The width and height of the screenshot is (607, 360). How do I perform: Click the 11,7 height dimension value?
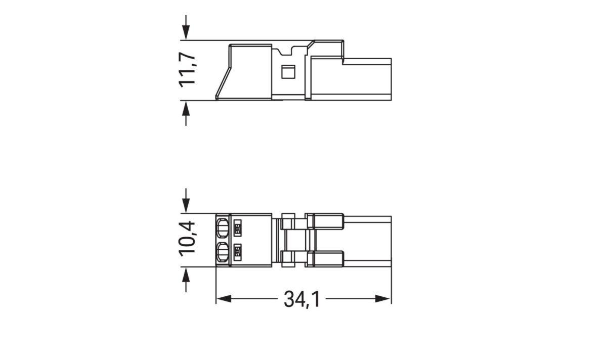pos(188,70)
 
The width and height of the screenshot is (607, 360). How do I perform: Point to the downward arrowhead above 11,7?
pos(186,33)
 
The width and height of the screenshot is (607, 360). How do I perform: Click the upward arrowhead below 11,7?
pos(186,107)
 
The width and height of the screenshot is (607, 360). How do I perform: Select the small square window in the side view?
pos(287,72)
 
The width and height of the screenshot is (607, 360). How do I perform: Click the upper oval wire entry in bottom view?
pos(223,228)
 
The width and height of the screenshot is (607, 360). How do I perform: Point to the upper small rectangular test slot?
pos(237,228)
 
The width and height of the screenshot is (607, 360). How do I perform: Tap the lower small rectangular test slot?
pos(237,251)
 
